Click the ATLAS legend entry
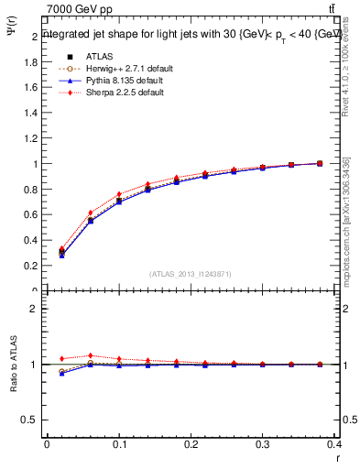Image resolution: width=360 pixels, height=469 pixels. pos(99,56)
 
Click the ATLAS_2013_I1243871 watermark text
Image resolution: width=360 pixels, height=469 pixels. pos(189,274)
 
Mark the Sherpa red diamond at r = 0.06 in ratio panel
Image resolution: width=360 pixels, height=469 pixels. pos(90,355)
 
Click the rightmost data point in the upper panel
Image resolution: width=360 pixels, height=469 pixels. pos(320,163)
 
